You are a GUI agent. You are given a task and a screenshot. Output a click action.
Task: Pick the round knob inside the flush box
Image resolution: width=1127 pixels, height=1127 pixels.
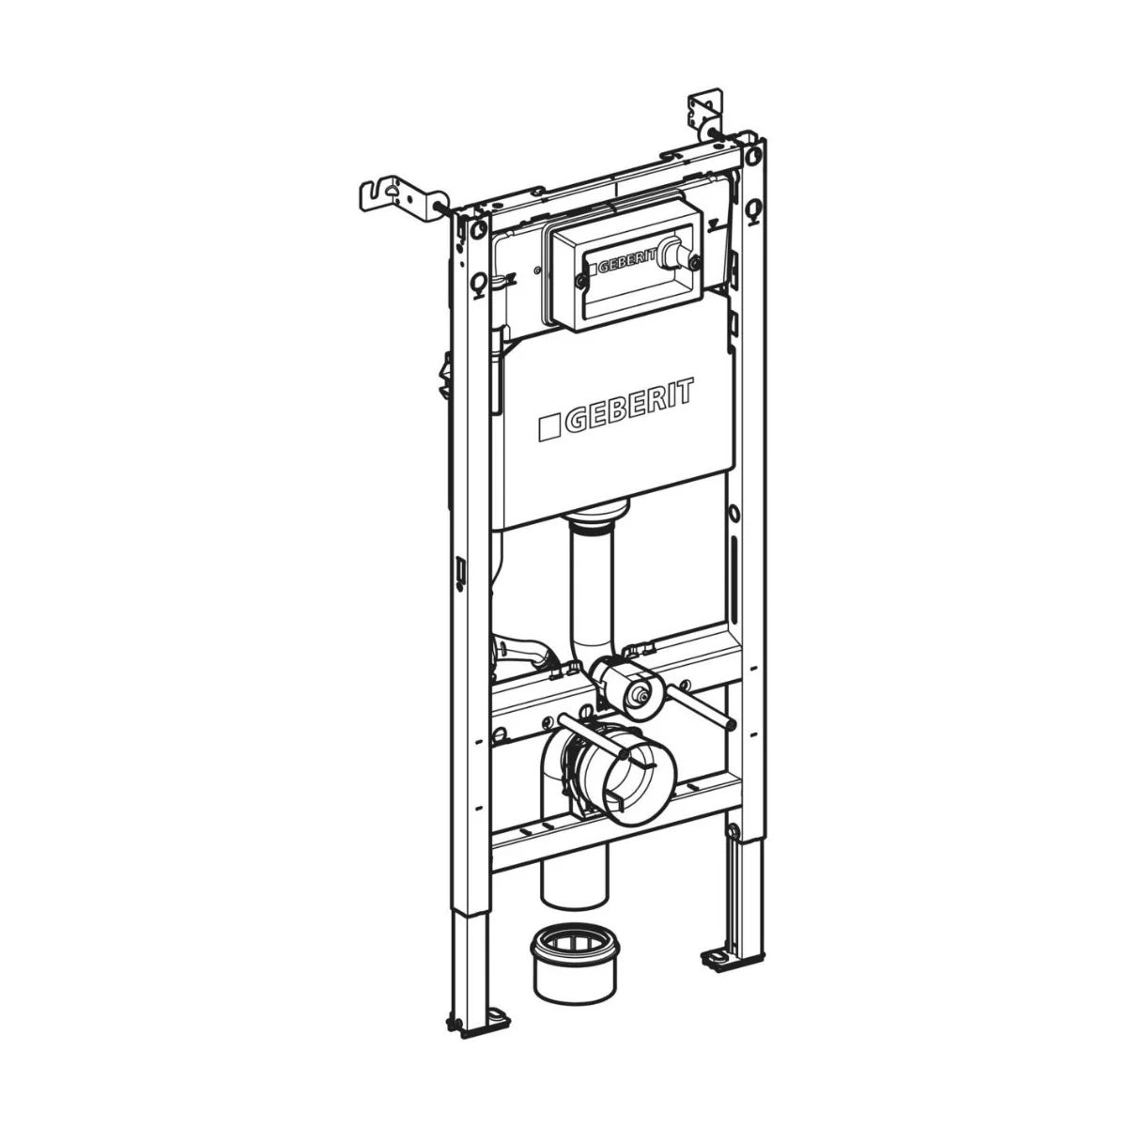click(x=672, y=255)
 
